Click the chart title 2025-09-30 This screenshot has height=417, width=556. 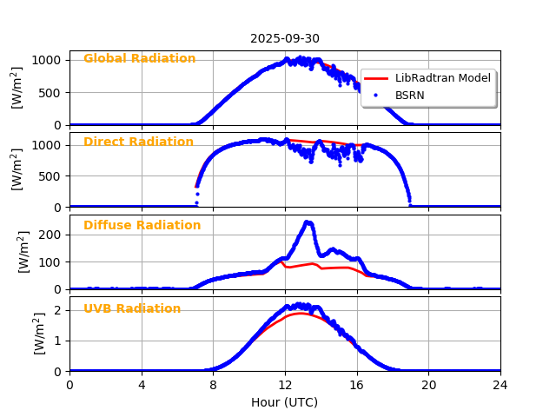[x=285, y=38]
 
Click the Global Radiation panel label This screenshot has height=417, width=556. [x=139, y=59]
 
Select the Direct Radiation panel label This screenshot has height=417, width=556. [x=138, y=142]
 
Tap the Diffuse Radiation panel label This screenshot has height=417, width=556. [x=142, y=226]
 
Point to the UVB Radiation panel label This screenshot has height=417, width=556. [x=132, y=309]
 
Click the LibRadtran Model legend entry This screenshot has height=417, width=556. [x=442, y=78]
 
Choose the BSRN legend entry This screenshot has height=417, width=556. [x=409, y=95]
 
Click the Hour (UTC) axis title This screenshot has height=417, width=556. [x=285, y=402]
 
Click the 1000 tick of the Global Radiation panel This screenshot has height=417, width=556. [x=48, y=60]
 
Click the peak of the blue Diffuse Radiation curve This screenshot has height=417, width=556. [x=307, y=222]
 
